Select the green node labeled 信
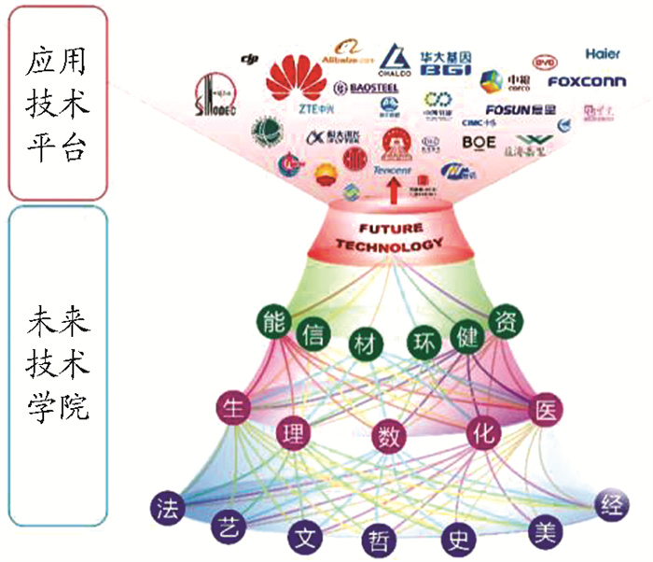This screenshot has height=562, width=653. click(x=313, y=333)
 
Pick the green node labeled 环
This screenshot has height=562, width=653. click(x=422, y=342)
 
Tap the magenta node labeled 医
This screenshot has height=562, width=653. click(x=547, y=407)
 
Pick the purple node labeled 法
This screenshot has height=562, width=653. click(x=167, y=508)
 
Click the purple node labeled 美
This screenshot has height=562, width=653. click(x=544, y=531)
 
